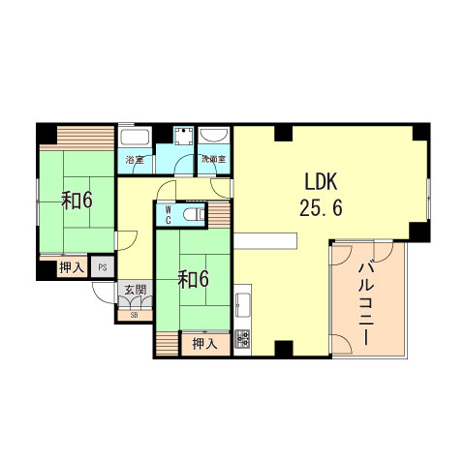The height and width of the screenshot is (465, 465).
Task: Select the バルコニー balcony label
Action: tap(367, 303)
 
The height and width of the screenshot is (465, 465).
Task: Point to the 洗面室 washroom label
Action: tap(213, 159)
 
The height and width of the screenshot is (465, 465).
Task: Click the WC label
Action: tap(168, 213)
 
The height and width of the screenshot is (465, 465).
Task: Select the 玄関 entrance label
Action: tap(133, 289)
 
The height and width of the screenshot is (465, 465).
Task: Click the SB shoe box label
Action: tap(133, 314)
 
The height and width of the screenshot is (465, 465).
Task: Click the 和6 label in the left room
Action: tap(77, 201)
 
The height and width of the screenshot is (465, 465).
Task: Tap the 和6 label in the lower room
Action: tap(194, 279)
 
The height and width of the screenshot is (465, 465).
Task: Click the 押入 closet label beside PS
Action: tap(70, 267)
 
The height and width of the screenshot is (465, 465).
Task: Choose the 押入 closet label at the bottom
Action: tap(203, 342)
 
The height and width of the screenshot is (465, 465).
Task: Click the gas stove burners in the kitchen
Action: tap(242, 339)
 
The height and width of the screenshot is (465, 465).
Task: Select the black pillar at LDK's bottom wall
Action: tap(282, 349)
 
